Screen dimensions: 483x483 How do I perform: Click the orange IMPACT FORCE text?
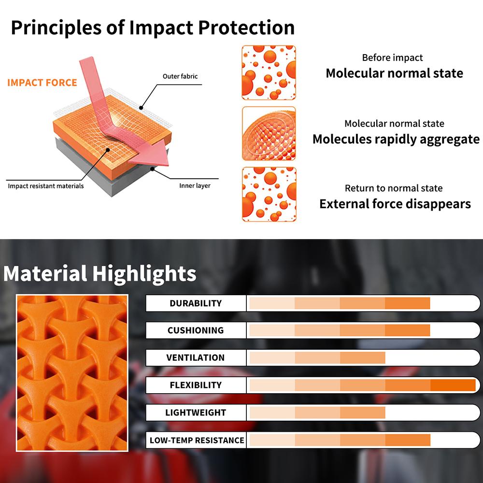coord(42,83)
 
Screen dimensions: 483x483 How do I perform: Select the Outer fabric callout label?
coord(180,76)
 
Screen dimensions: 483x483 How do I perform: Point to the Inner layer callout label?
coord(195,185)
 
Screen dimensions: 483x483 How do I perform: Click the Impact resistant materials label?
coord(45,186)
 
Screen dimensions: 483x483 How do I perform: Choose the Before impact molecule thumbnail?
coord(269,72)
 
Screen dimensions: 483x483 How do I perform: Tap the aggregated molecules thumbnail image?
coord(269,133)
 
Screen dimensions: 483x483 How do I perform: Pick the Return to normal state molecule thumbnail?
coord(269,194)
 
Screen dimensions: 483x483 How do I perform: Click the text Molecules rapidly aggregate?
coord(396,139)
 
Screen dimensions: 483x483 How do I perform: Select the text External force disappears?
coord(395,204)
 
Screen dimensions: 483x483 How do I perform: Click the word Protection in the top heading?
coord(246,28)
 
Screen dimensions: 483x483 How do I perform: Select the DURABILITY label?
coord(196,303)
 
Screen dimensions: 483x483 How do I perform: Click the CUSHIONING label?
coord(196,330)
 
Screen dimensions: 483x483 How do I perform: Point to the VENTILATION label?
coord(196,357)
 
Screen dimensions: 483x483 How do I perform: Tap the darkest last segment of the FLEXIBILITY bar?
coord(453,385)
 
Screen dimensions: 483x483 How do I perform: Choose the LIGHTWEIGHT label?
coord(196,412)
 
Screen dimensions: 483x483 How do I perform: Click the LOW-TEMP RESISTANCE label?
coord(197,440)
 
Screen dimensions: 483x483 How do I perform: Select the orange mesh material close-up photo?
coord(72,373)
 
